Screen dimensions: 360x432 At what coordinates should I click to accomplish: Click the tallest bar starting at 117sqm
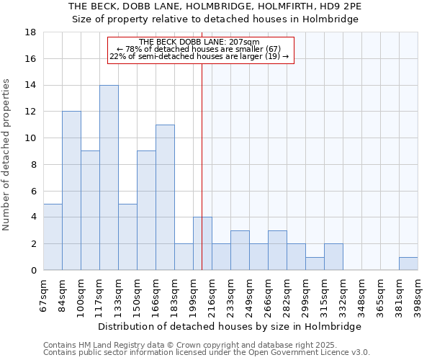point(109,177)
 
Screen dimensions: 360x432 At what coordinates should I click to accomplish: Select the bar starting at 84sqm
point(71,191)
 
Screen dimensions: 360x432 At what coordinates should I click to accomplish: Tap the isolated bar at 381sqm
point(408,264)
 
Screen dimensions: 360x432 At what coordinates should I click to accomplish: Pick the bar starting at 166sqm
point(165,197)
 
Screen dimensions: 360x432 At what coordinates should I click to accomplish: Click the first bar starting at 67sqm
point(53,237)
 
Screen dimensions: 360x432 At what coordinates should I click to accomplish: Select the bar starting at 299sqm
point(315,264)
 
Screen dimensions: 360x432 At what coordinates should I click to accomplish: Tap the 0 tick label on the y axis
point(34,271)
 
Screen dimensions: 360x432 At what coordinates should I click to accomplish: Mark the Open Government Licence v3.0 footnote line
point(207,352)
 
